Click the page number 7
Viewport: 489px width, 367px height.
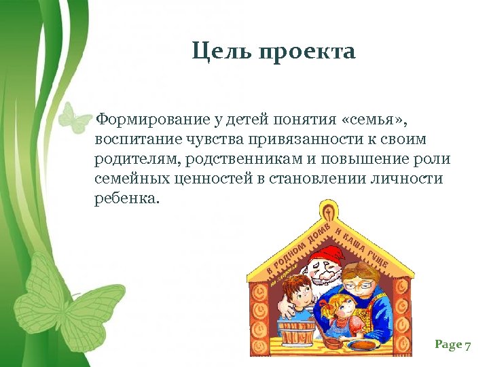467,345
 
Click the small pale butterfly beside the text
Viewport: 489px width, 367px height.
73,116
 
